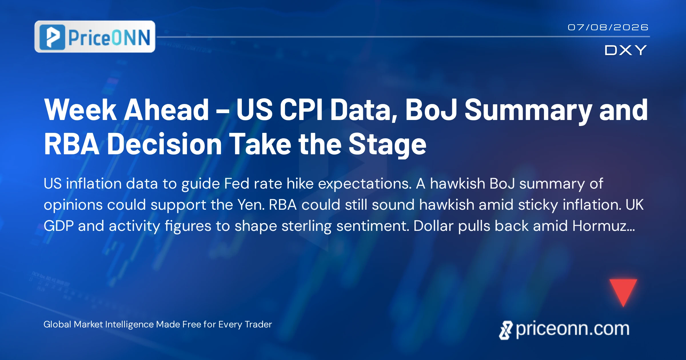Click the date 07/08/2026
(608, 27)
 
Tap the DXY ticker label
(625, 50)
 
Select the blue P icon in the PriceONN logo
(52, 37)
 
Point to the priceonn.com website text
(573, 329)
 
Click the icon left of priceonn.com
(506, 330)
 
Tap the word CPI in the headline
(301, 109)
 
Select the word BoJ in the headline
(431, 109)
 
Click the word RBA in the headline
(72, 144)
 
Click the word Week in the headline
(80, 109)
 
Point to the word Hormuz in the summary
(603, 226)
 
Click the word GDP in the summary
(59, 226)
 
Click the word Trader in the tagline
(258, 324)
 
